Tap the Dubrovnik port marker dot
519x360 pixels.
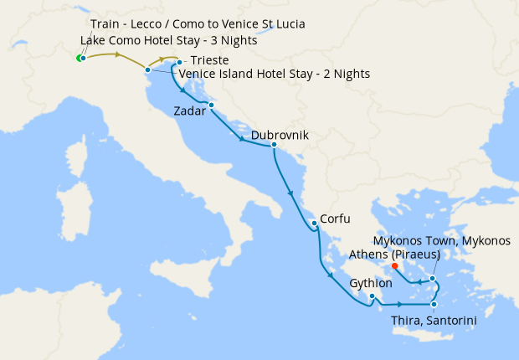point(274,146)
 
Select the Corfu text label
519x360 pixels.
point(334,215)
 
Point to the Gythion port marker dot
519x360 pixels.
point(372,296)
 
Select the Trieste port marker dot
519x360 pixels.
point(179,62)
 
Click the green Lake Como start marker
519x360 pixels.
point(79,58)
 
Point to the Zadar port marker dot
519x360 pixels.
point(212,105)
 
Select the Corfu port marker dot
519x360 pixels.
point(313,223)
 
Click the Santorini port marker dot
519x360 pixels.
point(434,305)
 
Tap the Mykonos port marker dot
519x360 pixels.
point(432,278)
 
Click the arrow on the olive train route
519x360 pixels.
point(118,55)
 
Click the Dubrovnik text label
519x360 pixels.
point(280,135)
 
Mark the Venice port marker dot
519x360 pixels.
point(147,69)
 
